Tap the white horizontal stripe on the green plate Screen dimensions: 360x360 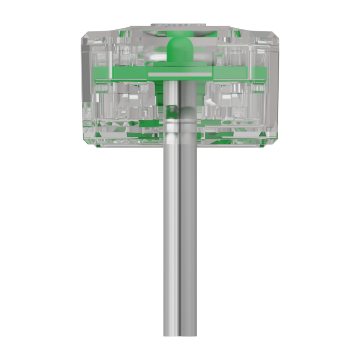(x=179, y=75)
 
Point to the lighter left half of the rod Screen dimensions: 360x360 (x=172, y=231)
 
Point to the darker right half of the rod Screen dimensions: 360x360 (x=188, y=231)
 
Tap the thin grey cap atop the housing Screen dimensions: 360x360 (x=179, y=24)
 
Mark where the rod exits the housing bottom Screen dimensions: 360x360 (x=180, y=147)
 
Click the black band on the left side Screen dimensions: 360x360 (x=34, y=180)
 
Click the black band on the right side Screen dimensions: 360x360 (x=325, y=180)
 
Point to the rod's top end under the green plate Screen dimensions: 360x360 (x=180, y=84)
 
